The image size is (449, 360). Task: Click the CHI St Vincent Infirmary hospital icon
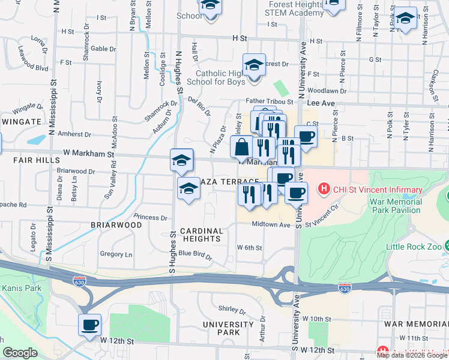point(325,190)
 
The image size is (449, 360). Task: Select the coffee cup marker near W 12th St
point(89,325)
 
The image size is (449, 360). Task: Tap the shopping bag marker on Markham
point(241,147)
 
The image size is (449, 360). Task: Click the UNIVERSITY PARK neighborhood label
point(221,328)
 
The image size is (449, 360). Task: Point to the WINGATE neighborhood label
point(21,122)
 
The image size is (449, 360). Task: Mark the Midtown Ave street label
point(271,224)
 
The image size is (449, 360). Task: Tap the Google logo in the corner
point(20,353)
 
